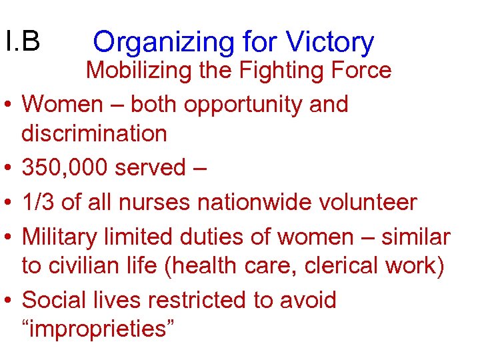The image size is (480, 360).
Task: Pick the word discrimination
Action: coord(94,133)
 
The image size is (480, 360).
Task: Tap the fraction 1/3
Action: coord(38,201)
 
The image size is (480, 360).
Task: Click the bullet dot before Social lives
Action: coord(10,301)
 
